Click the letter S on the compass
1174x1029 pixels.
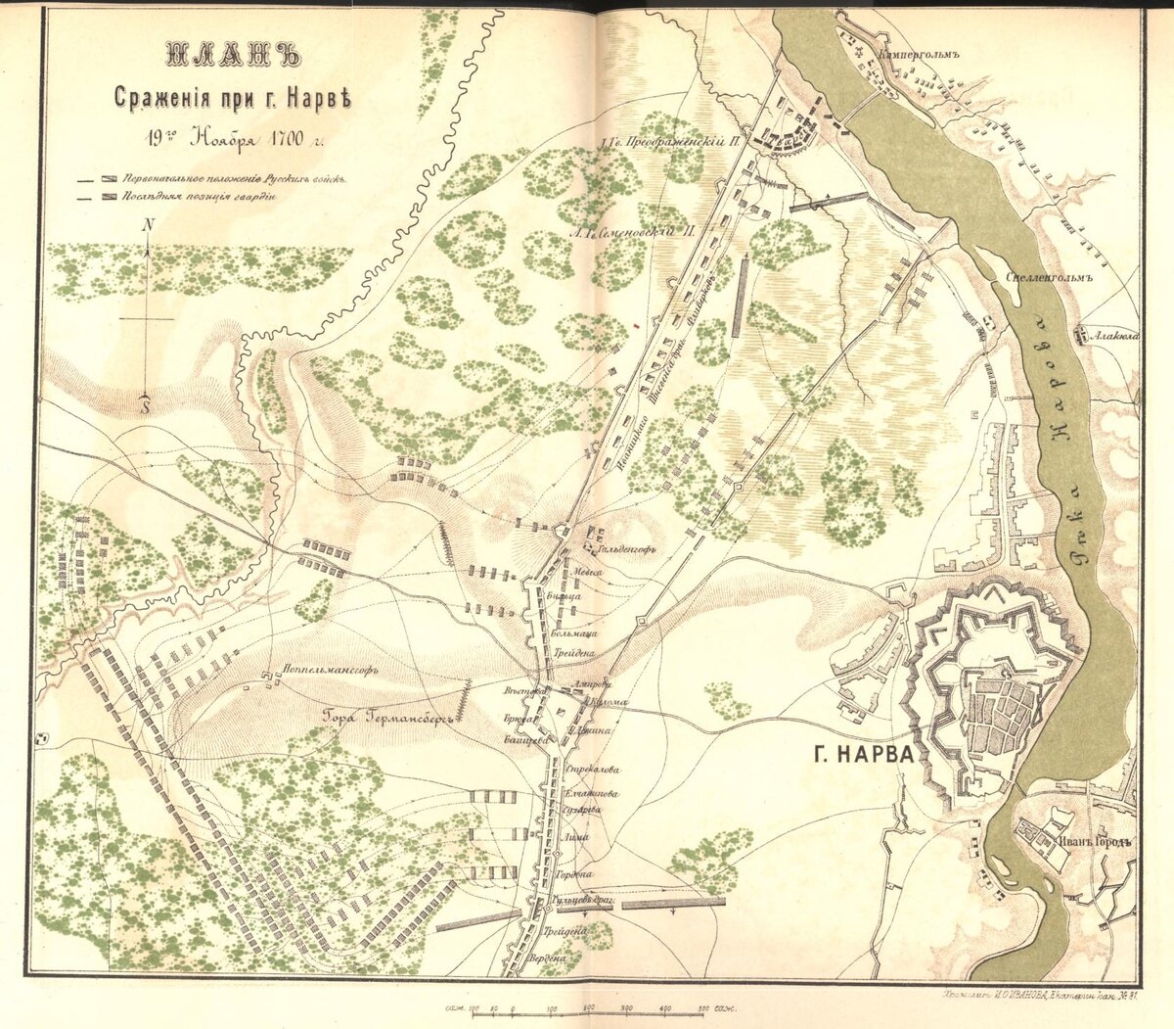[146, 404]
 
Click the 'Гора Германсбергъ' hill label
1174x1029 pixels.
[390, 717]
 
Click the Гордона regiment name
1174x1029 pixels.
[575, 873]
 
